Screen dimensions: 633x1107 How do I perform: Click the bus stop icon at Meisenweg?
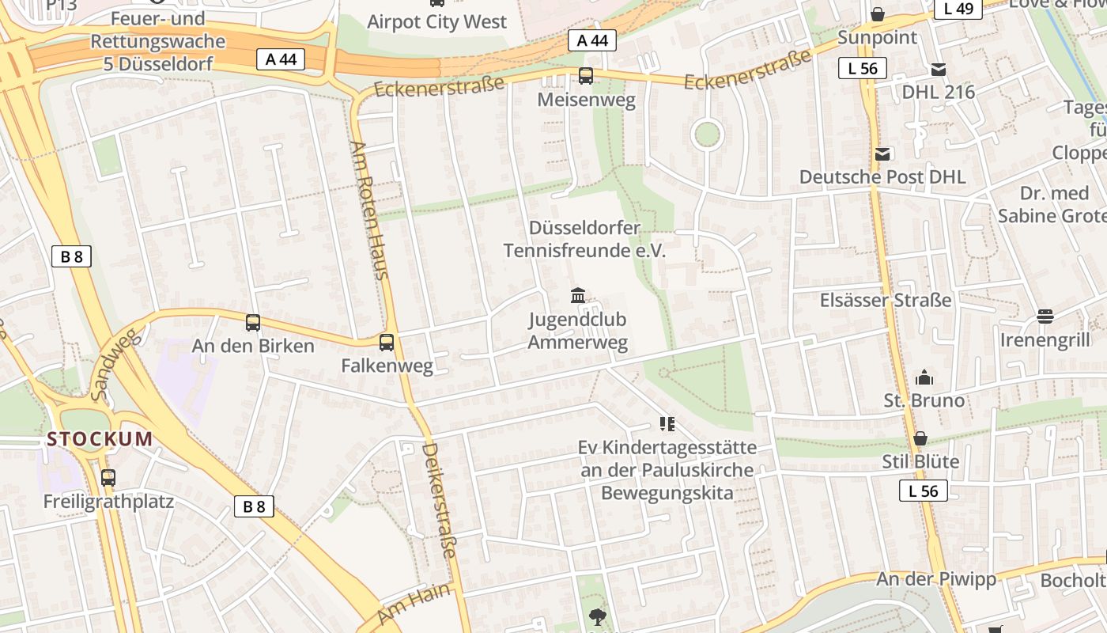click(586, 76)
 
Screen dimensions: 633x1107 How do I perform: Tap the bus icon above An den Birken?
click(253, 323)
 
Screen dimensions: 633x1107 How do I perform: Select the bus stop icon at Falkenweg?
click(387, 343)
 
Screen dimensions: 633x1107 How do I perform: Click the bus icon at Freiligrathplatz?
click(108, 478)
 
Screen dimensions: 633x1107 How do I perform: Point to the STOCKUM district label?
click(100, 439)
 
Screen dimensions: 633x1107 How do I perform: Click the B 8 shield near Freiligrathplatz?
click(254, 506)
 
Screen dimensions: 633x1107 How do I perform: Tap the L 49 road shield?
click(958, 9)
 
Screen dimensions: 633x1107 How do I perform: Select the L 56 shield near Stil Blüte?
click(923, 491)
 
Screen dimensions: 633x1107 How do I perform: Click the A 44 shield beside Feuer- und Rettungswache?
click(281, 59)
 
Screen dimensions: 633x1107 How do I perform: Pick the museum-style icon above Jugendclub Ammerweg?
click(578, 296)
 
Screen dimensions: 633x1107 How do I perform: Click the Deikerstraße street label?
click(440, 500)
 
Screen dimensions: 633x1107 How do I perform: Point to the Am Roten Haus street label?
click(369, 210)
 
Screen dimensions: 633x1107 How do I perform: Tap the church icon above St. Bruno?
click(924, 378)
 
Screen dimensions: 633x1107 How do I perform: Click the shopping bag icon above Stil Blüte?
click(920, 438)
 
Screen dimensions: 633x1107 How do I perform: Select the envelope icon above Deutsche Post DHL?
click(882, 154)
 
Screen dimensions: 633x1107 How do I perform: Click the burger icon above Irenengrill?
click(1045, 316)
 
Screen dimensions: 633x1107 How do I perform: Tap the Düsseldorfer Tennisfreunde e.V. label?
click(584, 240)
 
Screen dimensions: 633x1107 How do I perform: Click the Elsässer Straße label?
click(886, 301)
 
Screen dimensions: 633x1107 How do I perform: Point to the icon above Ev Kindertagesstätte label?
click(667, 424)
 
